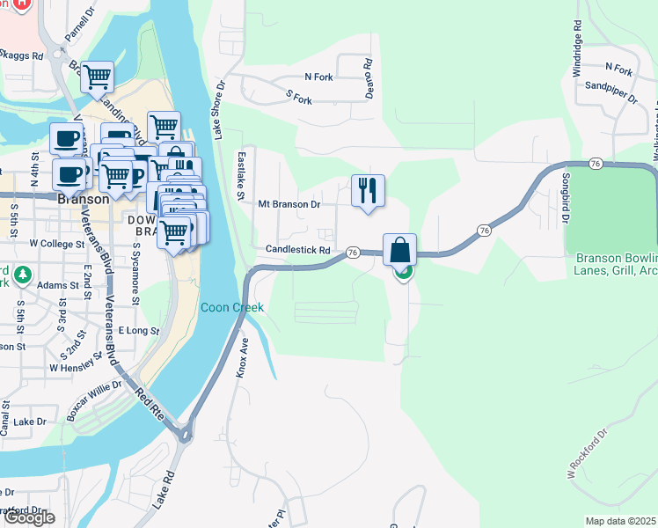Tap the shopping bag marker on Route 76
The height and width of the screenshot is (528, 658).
tap(399, 250)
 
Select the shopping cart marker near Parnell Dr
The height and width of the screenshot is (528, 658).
tap(98, 77)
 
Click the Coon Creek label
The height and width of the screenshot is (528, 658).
tap(231, 307)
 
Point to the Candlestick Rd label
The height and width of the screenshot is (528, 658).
tap(297, 250)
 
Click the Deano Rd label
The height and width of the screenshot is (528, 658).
tap(369, 77)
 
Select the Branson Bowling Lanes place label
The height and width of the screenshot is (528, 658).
tap(616, 264)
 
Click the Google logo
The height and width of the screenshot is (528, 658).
tap(28, 517)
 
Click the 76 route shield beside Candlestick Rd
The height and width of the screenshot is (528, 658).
tap(352, 252)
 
